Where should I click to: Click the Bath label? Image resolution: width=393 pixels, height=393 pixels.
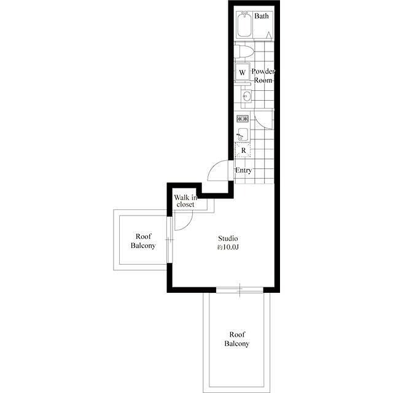(x=262, y=16)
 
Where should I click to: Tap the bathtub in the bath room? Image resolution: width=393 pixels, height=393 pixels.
(x=244, y=25)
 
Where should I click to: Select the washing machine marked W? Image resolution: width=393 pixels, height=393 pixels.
(x=243, y=72)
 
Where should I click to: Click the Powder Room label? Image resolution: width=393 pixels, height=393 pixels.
(x=263, y=76)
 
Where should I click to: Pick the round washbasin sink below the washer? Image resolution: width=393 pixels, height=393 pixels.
(x=246, y=96)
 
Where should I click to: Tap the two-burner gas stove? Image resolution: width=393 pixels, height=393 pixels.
(x=243, y=119)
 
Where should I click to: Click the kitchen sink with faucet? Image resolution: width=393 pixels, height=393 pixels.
(x=243, y=134)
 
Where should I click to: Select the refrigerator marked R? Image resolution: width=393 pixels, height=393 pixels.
(x=243, y=150)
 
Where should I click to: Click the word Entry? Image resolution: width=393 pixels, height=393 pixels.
(x=243, y=170)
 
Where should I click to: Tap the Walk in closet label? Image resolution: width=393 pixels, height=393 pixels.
(x=185, y=201)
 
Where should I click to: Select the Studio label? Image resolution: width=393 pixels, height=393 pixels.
(x=228, y=238)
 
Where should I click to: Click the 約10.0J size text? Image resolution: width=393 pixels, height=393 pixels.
(x=228, y=247)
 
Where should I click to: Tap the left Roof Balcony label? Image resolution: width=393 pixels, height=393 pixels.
(x=143, y=241)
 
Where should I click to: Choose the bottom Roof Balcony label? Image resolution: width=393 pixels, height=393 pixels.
(x=237, y=339)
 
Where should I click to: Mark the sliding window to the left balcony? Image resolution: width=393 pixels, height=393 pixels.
(x=169, y=240)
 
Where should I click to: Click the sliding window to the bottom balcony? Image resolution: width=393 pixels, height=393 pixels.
(x=239, y=290)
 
